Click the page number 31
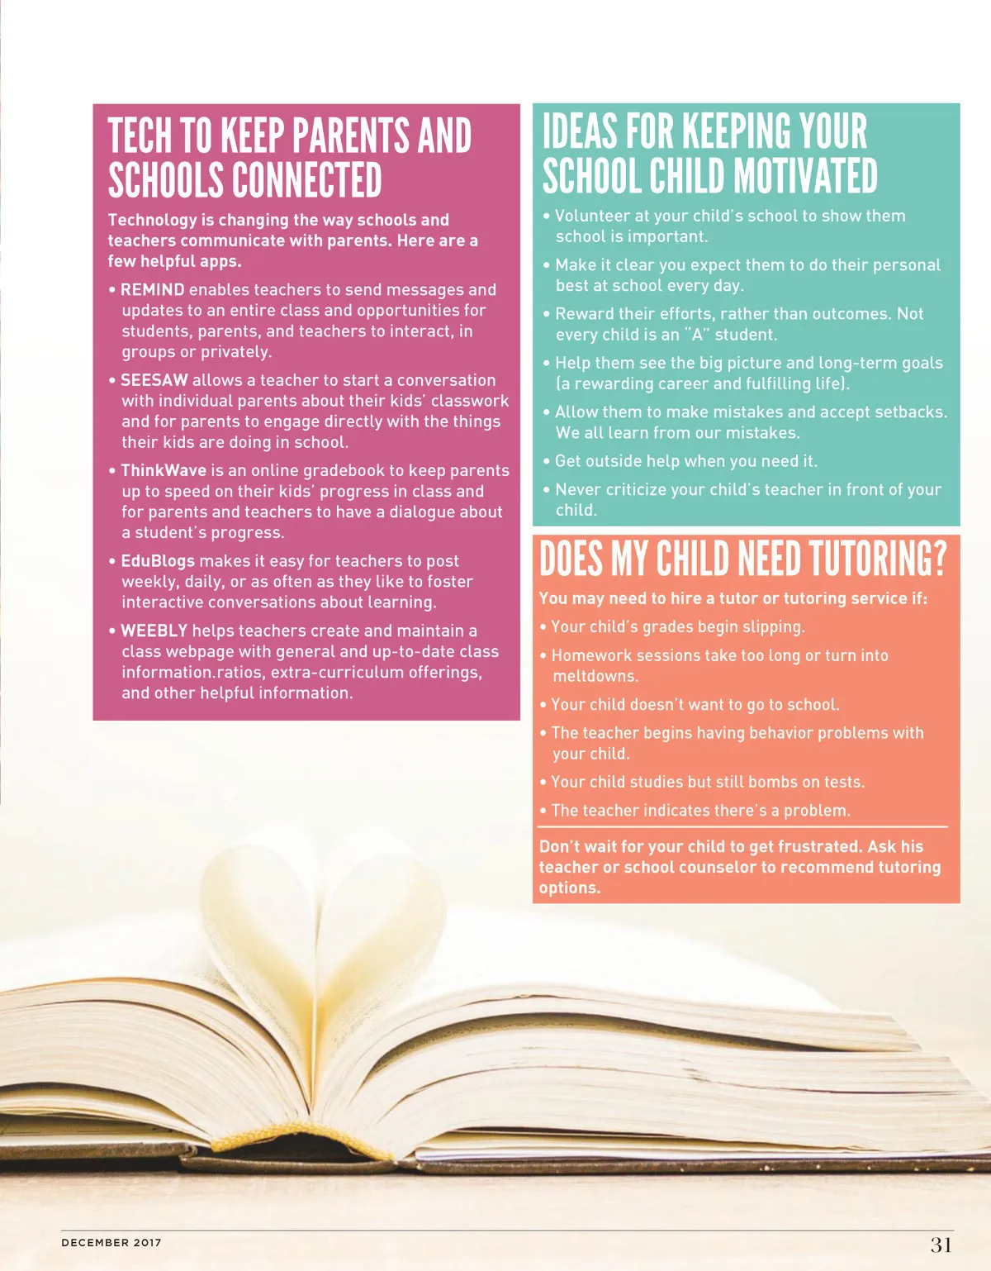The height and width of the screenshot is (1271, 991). click(x=941, y=1245)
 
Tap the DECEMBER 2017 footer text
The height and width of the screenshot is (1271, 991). click(x=111, y=1242)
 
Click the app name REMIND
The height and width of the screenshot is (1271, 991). click(x=153, y=290)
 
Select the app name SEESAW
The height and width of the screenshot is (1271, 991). click(x=154, y=380)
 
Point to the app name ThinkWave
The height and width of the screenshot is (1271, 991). click(x=164, y=470)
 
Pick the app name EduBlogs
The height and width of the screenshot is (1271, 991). click(x=158, y=561)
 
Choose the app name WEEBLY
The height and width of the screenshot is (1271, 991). click(x=154, y=631)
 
